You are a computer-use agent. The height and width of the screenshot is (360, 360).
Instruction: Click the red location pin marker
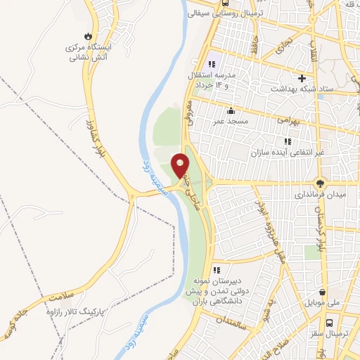pos(181,165)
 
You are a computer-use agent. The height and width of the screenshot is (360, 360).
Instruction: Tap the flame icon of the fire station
pos(87,36)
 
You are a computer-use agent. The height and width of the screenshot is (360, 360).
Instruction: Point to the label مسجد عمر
pos(231,122)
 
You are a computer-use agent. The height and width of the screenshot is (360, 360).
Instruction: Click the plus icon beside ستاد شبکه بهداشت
pos(302,78)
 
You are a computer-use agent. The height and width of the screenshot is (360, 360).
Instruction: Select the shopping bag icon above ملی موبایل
pos(322,292)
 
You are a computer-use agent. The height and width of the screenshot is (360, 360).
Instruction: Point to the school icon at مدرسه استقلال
pos(212,64)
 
